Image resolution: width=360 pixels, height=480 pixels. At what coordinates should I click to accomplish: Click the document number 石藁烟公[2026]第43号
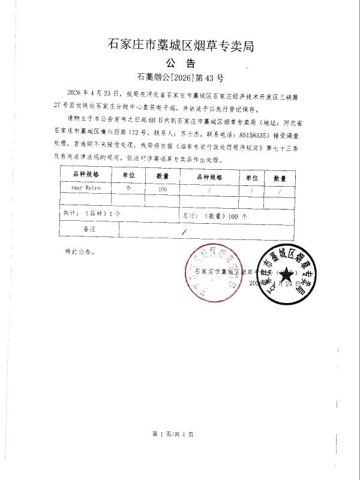pos(180,77)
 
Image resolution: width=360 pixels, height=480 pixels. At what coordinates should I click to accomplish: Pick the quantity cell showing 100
pos(163,188)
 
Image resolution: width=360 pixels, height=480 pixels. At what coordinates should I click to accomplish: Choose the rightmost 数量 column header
pos(280,178)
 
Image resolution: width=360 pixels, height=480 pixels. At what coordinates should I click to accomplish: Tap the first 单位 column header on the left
pos(128,175)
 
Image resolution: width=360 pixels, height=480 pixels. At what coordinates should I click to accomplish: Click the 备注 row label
pos(89,229)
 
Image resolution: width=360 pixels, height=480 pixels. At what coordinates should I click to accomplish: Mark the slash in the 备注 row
pos(184,230)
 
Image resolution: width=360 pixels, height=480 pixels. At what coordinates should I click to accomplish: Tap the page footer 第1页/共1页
pos(173,433)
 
